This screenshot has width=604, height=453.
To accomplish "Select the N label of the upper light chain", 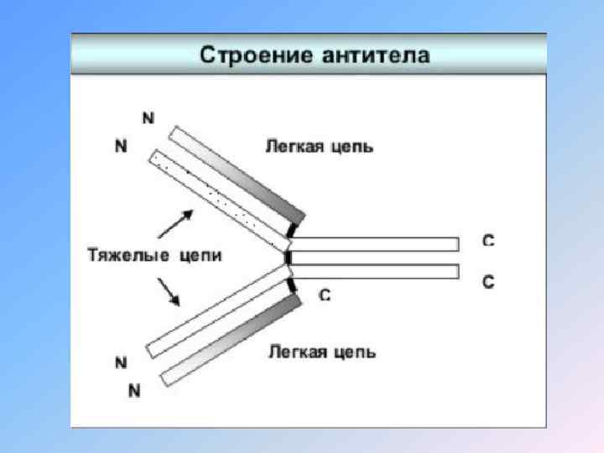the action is point(148,118).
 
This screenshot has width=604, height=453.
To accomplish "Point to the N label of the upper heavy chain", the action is point(121,146).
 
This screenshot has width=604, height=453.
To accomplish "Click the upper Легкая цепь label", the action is point(320,147).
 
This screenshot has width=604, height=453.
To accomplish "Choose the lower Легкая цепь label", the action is point(321,351).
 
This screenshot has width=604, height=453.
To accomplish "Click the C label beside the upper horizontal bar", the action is point(487,241).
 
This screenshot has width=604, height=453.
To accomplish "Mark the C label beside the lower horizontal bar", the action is point(487,282).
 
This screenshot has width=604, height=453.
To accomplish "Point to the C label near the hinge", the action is point(325,295).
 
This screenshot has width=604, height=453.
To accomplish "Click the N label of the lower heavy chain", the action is point(121,363).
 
